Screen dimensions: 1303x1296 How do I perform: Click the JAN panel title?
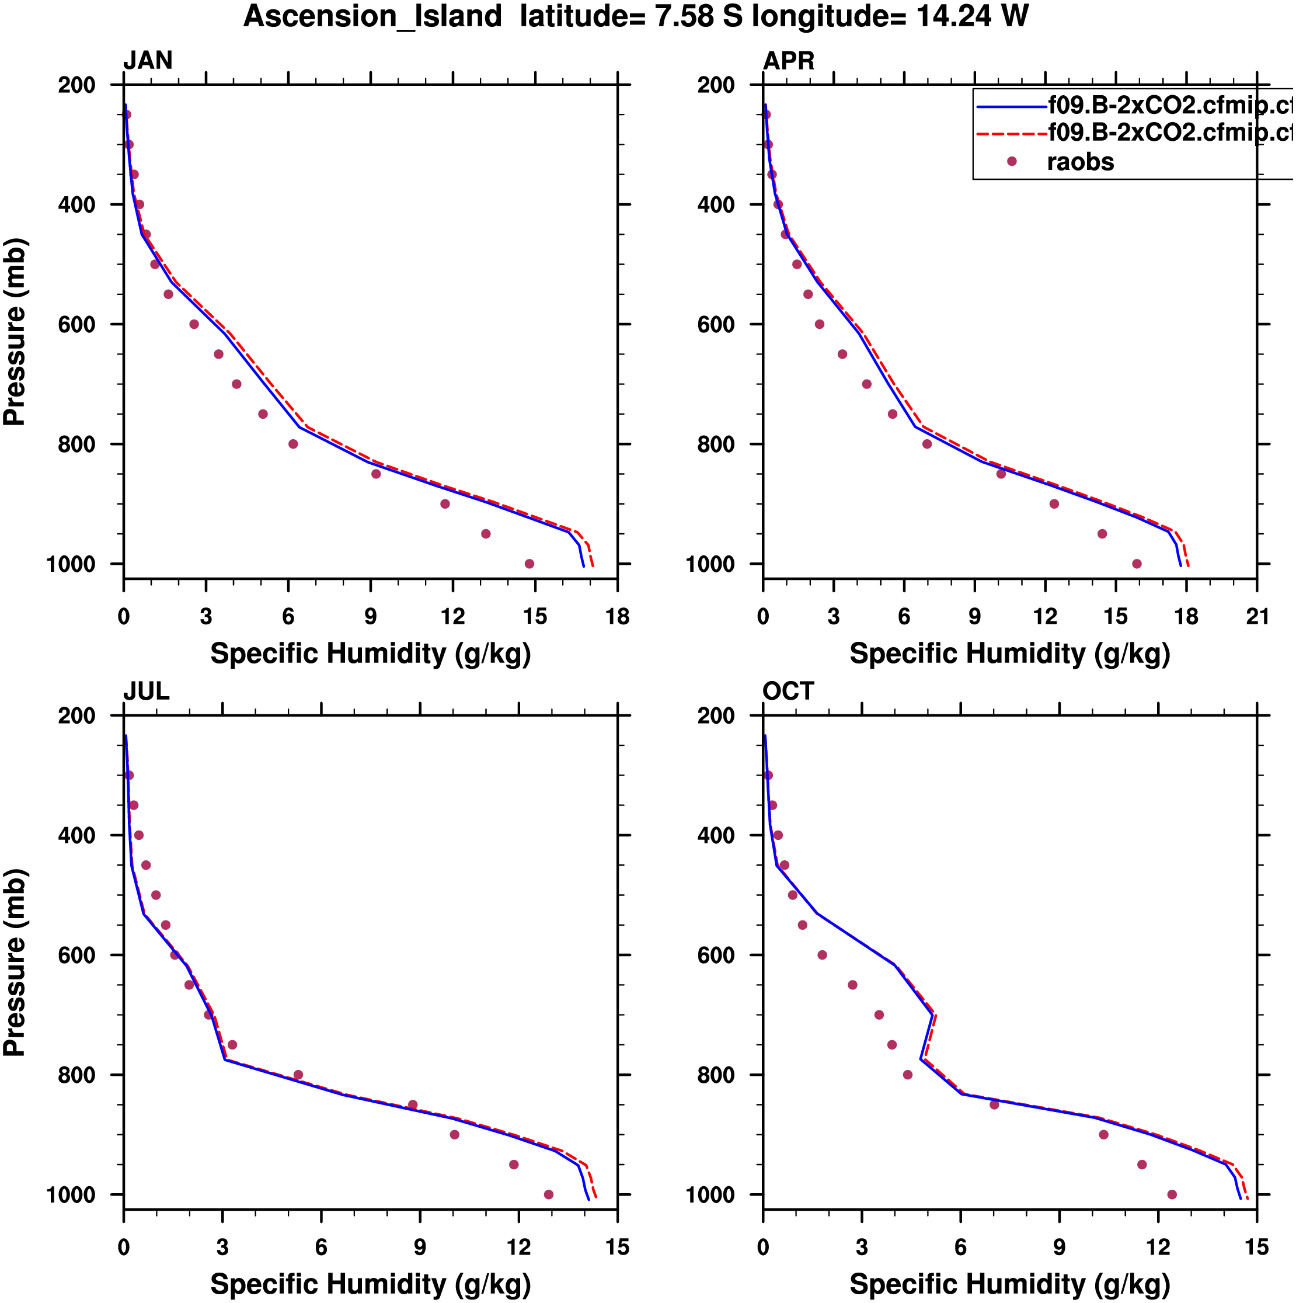click(148, 61)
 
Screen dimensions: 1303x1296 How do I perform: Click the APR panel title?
click(788, 61)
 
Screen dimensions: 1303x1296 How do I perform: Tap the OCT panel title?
click(788, 692)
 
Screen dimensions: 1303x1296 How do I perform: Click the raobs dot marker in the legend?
click(1012, 162)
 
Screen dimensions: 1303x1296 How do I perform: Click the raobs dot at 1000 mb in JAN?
click(529, 564)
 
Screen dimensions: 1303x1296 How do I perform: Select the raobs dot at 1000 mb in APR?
click(1137, 564)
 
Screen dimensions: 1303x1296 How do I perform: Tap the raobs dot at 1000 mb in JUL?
click(548, 1194)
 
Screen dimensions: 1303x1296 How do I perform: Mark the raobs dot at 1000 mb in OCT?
click(1172, 1194)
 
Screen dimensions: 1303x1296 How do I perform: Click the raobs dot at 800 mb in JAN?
click(292, 444)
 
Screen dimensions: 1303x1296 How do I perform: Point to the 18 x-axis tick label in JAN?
click(618, 616)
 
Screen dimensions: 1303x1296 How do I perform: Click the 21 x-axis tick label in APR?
click(1257, 616)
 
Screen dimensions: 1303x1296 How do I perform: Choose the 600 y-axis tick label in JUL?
click(76, 955)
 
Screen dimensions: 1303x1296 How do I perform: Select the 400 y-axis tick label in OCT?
click(716, 836)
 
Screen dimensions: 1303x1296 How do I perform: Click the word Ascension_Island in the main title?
click(373, 16)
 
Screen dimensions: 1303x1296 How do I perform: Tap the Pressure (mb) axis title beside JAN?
click(15, 331)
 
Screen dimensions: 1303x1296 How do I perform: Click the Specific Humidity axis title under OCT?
click(1009, 1284)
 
